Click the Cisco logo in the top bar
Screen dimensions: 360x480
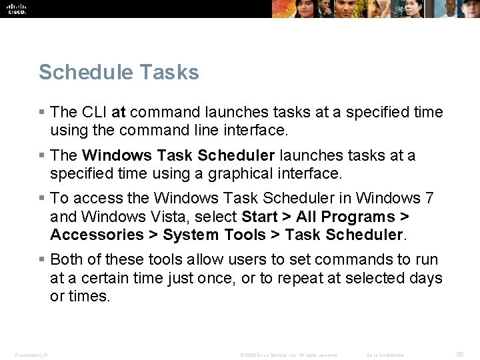pyautogui.click(x=17, y=8)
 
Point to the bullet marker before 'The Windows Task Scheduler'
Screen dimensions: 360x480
pyautogui.click(x=42, y=155)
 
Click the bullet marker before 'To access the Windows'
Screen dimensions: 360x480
pyautogui.click(x=42, y=198)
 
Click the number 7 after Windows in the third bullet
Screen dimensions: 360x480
pyautogui.click(x=429, y=198)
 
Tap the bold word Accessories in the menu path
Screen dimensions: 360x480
pyautogui.click(x=97, y=235)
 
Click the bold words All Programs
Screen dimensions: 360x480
pyautogui.click(x=345, y=217)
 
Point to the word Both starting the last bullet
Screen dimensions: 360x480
pyautogui.click(x=66, y=259)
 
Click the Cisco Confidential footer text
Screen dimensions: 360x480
pyautogui.click(x=385, y=355)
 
